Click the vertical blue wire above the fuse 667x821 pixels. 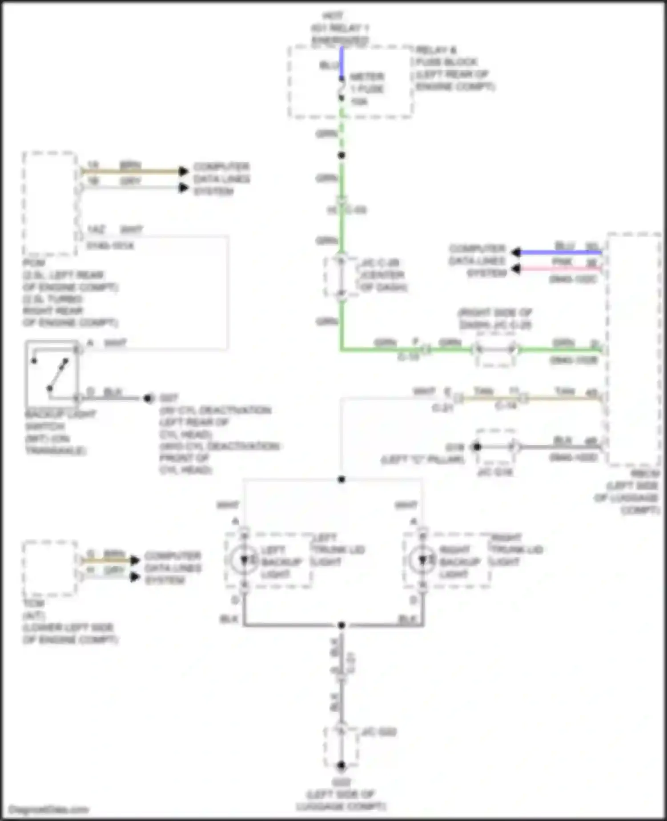[x=342, y=62]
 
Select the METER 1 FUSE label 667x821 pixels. [x=367, y=89]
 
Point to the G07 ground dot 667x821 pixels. [x=148, y=398]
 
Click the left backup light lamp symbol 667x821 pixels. [x=244, y=560]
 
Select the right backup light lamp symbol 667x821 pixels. [x=422, y=560]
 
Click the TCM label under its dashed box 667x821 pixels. [x=34, y=604]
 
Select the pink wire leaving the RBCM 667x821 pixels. [x=560, y=269]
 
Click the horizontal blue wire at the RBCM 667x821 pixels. [x=560, y=253]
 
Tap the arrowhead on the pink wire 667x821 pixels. [x=516, y=269]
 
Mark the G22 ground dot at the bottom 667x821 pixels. [x=341, y=765]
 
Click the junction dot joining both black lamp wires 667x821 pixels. [x=342, y=625]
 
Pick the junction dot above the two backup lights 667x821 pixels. [x=342, y=479]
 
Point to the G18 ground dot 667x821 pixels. [x=477, y=447]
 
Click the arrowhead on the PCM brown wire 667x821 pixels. [x=183, y=171]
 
